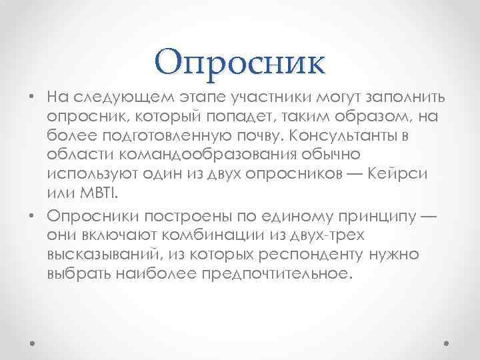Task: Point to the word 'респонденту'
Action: pyautogui.click(x=305, y=255)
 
